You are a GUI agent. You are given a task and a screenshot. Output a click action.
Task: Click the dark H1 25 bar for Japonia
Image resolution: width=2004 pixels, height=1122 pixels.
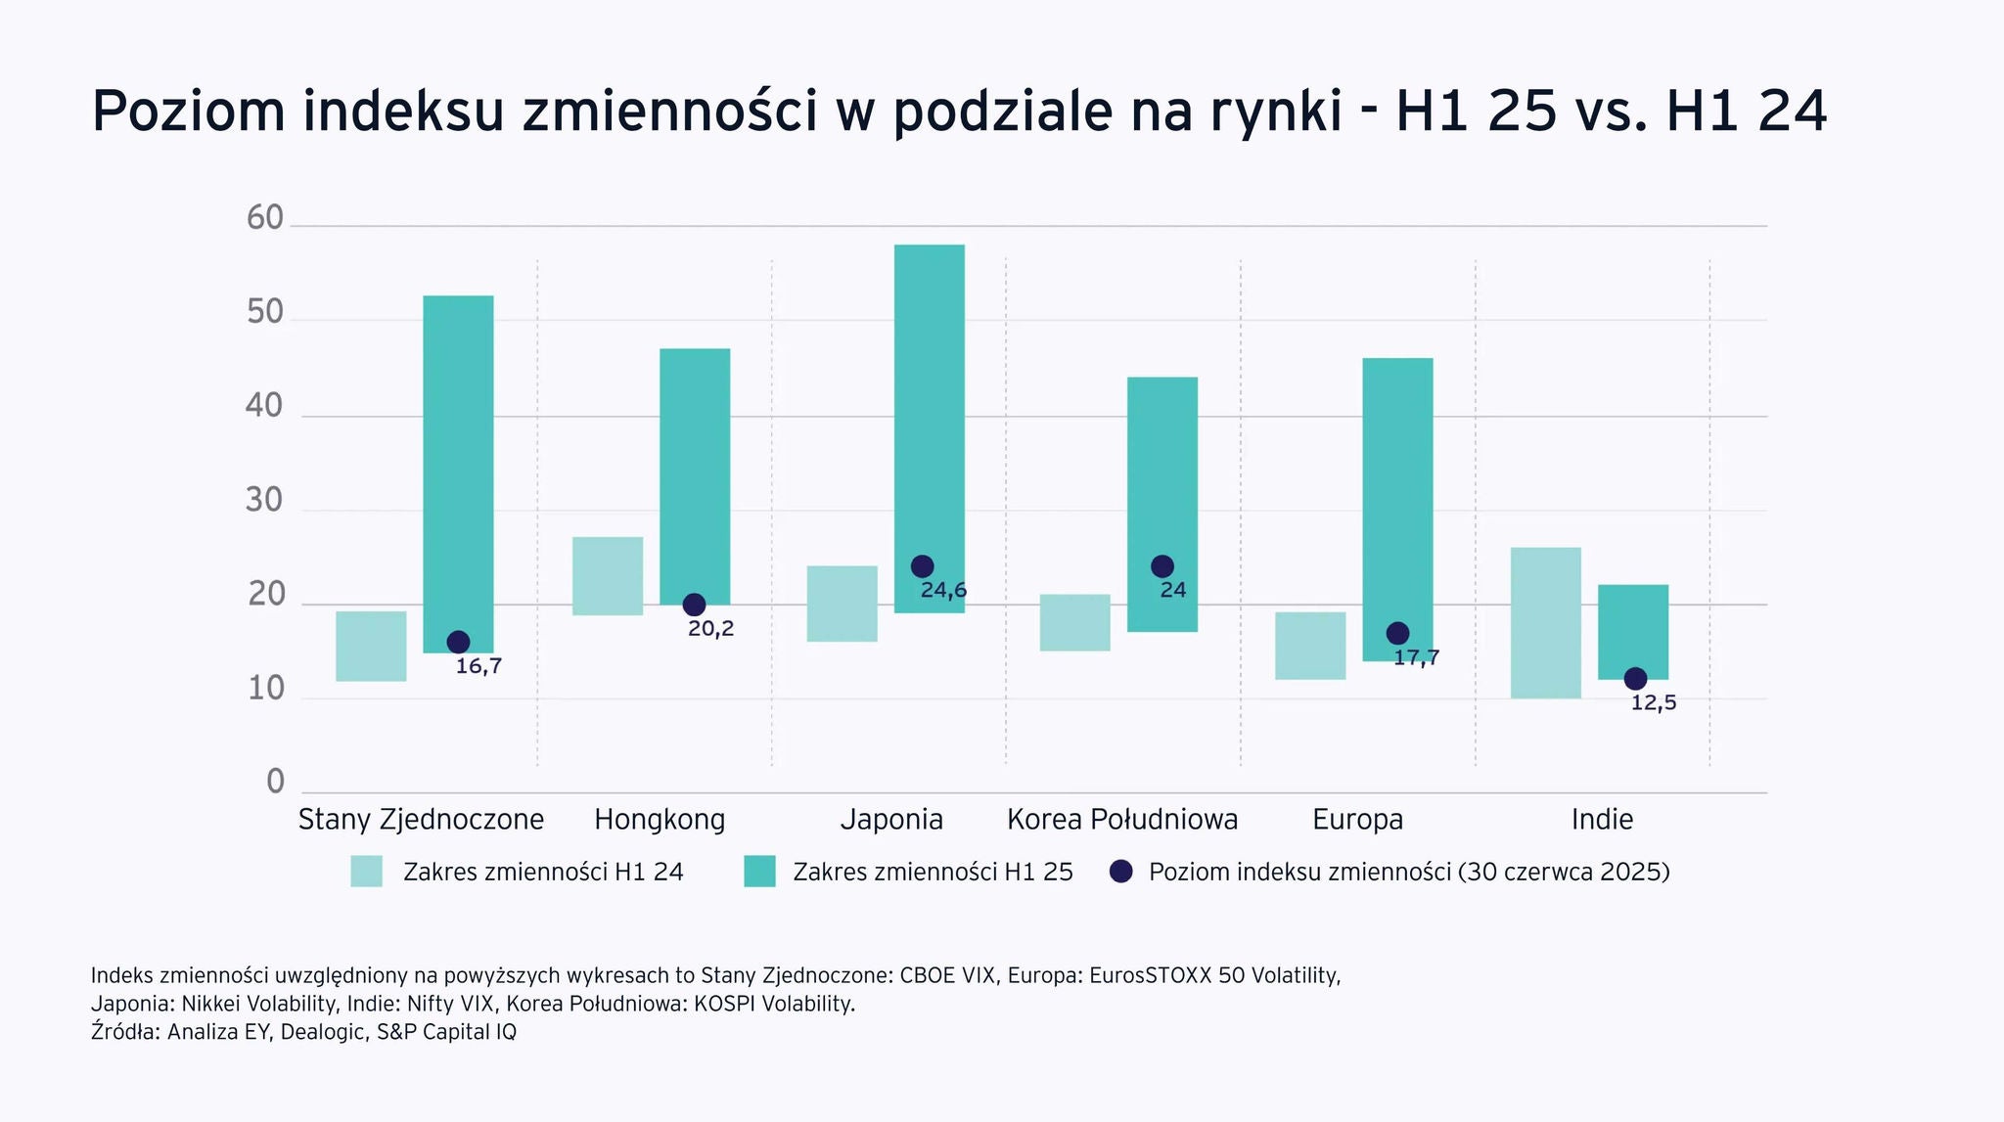[x=929, y=391]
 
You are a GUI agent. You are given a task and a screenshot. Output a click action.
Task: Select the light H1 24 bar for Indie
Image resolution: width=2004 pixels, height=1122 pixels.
[x=1545, y=622]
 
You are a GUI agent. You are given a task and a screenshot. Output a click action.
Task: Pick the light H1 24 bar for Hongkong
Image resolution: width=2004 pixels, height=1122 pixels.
[x=607, y=575]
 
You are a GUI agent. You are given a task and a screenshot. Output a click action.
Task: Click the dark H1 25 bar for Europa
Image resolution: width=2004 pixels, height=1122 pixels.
[x=1397, y=489]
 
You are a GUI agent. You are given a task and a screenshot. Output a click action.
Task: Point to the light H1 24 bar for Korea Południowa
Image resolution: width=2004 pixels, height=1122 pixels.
[x=1074, y=622]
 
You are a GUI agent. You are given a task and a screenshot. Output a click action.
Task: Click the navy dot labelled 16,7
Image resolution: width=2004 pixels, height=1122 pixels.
[x=458, y=642]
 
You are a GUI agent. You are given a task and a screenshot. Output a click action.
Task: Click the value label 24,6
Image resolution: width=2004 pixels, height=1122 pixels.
[x=943, y=590]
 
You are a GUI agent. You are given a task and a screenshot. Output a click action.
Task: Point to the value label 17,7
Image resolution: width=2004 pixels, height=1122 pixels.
[x=1416, y=657]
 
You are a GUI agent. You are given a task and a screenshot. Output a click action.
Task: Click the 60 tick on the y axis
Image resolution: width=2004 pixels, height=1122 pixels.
[x=265, y=218]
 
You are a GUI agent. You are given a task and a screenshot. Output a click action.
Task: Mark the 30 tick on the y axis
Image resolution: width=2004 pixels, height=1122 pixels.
[x=264, y=501]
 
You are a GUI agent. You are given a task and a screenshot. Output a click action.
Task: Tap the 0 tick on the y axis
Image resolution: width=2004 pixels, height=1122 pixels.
[x=276, y=782]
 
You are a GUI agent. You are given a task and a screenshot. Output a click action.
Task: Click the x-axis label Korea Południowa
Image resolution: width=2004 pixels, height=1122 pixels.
[x=1122, y=819]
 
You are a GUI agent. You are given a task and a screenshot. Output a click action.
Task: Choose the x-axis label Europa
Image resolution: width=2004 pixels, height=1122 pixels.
[x=1357, y=819]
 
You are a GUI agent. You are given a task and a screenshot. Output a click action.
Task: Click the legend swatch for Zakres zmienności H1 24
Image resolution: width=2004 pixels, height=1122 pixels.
[x=366, y=871]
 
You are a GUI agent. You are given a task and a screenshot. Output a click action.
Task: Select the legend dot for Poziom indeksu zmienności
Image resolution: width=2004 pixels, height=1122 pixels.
[x=1121, y=871]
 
